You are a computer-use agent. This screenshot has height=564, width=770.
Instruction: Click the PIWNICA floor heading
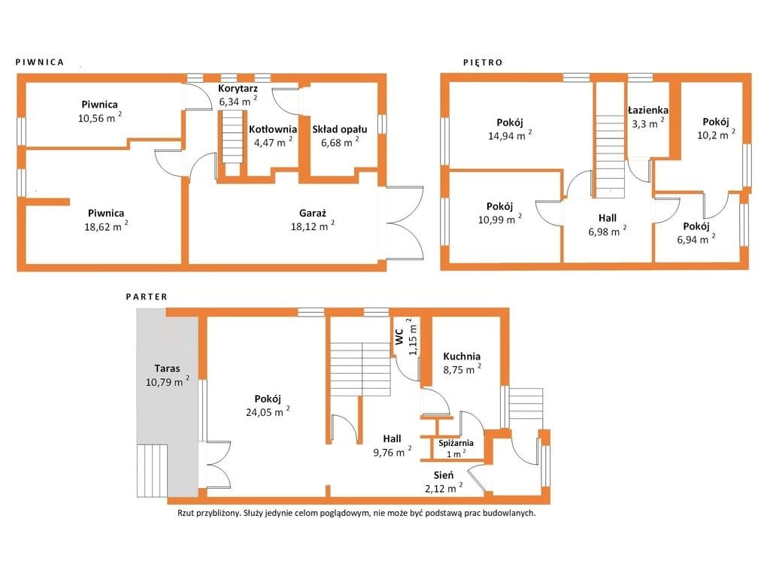[40, 62]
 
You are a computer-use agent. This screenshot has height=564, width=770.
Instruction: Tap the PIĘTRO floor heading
[483, 62]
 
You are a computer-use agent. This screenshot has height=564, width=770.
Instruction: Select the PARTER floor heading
[147, 297]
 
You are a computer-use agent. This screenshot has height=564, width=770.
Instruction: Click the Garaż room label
[313, 214]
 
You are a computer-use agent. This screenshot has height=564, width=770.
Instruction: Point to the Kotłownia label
[272, 129]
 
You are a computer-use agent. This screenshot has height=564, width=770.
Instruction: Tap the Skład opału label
[340, 129]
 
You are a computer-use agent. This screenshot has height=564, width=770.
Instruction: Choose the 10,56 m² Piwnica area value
[100, 117]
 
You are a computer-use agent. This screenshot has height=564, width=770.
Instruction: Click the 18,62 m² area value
[106, 226]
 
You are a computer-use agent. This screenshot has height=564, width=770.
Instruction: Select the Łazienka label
[648, 110]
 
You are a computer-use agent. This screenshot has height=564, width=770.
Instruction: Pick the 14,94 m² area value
[510, 135]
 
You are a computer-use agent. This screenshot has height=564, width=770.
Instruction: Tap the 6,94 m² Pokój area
[696, 239]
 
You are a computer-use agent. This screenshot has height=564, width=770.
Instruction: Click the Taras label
[168, 368]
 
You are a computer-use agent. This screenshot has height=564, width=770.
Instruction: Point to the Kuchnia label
[462, 356]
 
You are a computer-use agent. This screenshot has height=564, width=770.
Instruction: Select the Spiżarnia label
[456, 443]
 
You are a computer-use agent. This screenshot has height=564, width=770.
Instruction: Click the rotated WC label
[399, 336]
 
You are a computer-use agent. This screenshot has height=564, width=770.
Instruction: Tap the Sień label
[444, 475]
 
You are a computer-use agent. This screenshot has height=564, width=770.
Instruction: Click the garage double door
[405, 223]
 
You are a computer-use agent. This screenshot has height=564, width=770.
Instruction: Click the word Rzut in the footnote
[186, 513]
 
